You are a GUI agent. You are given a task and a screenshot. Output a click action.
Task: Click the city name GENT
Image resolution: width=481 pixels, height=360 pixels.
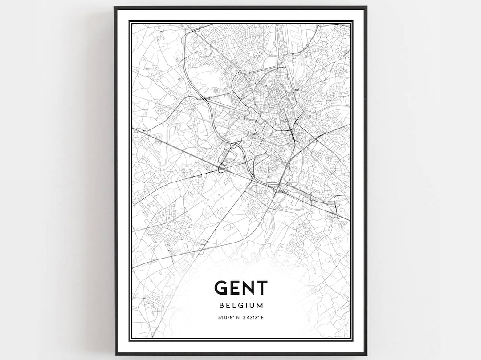(241, 288)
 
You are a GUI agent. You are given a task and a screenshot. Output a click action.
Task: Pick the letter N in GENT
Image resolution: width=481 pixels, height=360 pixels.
(248, 288)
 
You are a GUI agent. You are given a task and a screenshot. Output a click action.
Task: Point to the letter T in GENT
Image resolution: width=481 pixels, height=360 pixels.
(261, 288)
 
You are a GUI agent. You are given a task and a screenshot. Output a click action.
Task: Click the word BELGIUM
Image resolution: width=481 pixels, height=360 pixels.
(241, 306)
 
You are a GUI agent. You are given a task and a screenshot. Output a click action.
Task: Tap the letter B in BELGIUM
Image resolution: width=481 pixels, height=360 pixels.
(221, 306)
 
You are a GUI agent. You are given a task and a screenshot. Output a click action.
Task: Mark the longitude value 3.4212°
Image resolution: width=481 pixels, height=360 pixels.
(251, 317)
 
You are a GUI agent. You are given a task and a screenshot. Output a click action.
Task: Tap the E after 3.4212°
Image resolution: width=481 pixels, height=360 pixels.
(262, 317)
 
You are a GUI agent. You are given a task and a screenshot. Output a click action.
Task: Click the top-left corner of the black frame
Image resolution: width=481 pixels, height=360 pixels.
(115, 7)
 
